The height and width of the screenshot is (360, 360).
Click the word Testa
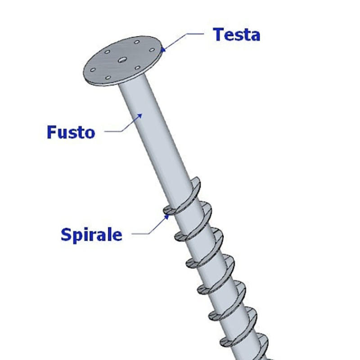[x=237, y=34]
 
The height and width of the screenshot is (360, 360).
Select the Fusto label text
[x=71, y=132]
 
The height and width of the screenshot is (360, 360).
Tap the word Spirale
[x=91, y=234]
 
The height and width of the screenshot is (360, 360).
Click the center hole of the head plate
[x=122, y=59]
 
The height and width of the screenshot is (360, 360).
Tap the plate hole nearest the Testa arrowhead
[x=151, y=49]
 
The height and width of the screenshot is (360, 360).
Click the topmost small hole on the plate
[x=135, y=41]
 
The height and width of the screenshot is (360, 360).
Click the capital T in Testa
[x=219, y=34]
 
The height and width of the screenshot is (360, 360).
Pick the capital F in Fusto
[x=52, y=132]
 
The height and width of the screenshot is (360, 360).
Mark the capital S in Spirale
[x=66, y=234]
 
